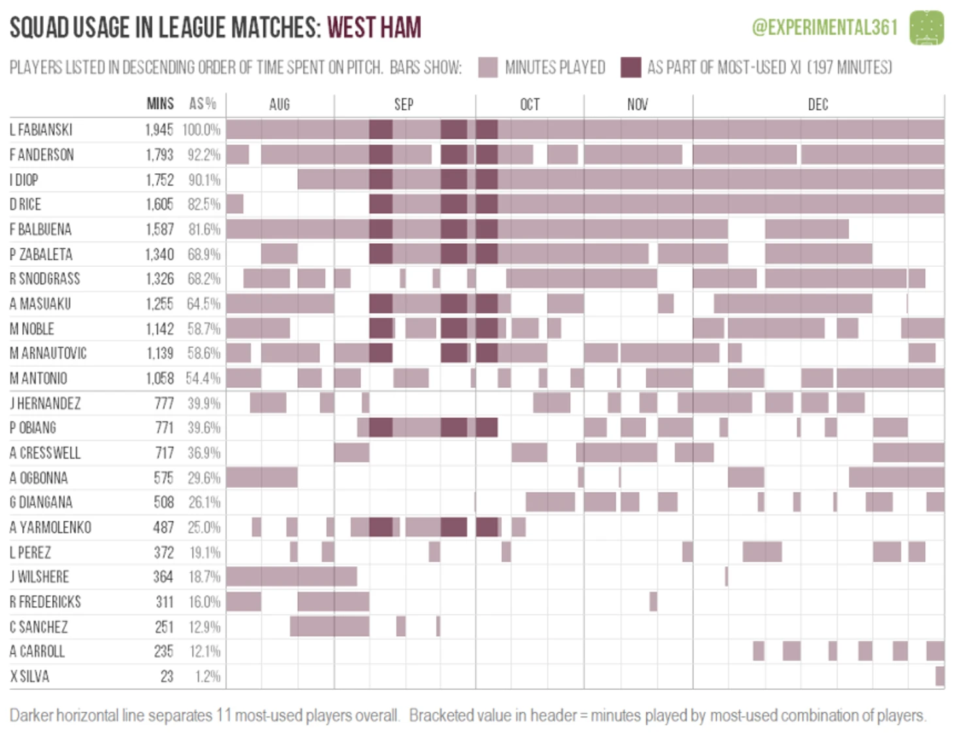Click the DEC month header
(817, 105)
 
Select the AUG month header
(279, 105)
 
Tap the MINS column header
(160, 104)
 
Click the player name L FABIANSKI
(41, 129)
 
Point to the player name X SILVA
(29, 676)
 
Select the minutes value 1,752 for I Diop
(159, 180)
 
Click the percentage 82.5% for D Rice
(204, 205)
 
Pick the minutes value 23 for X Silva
(167, 676)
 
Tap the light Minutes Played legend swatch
(487, 67)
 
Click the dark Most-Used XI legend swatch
(631, 67)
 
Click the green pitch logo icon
(927, 27)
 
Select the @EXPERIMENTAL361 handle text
(825, 27)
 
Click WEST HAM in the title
(374, 27)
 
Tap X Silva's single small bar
(940, 675)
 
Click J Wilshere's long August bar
(291, 576)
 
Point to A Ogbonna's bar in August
(261, 477)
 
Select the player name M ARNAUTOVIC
(48, 353)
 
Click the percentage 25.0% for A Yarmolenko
(205, 527)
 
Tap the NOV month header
(637, 105)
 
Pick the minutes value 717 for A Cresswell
(164, 453)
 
